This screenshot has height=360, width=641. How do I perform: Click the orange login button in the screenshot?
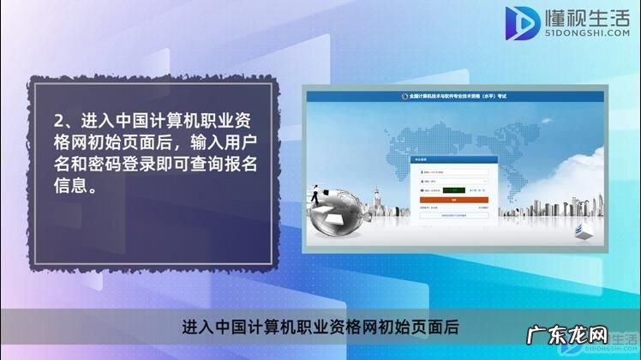[453, 200]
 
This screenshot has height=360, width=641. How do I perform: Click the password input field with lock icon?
[453, 182]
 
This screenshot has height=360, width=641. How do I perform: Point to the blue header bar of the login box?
[453, 159]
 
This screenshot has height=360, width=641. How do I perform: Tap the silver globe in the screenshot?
[339, 221]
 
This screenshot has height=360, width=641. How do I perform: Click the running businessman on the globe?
[319, 195]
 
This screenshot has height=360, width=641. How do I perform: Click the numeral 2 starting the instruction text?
[57, 120]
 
